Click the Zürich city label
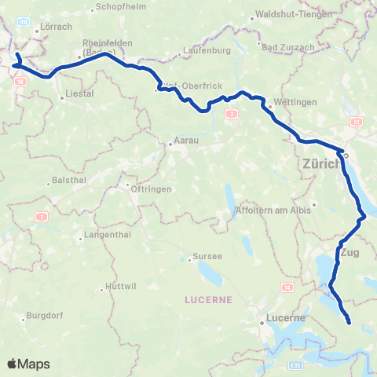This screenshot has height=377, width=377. [320, 165]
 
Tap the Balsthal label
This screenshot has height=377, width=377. [68, 180]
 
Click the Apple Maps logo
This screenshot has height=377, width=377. [28, 364]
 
